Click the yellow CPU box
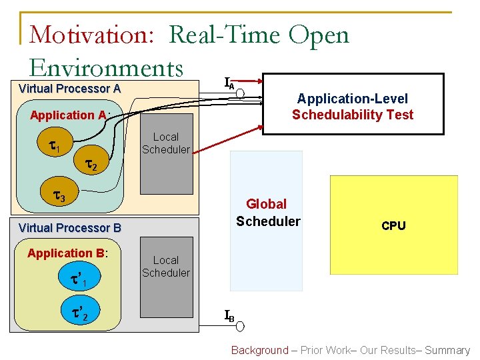tap(393, 225)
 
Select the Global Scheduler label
tap(267, 213)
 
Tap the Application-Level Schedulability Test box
tap(352, 107)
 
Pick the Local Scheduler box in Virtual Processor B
tap(165, 283)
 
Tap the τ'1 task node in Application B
tap(79, 279)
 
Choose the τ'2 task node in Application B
tap(79, 311)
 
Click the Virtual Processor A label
tap(69, 89)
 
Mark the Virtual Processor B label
tap(70, 228)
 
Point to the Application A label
tap(69, 115)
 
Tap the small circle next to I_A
tap(241, 92)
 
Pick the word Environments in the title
tap(106, 67)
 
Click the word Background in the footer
tap(259, 350)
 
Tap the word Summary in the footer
tap(447, 350)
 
